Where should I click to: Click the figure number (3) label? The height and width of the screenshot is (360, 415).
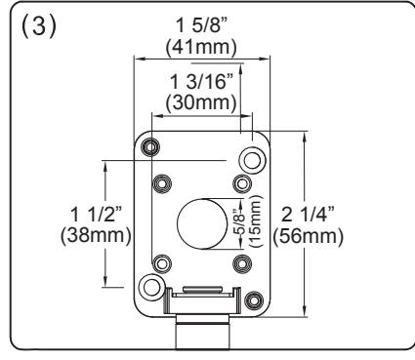point(39,26)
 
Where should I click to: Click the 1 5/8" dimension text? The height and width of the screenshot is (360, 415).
point(201,25)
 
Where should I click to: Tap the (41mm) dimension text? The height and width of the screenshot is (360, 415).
point(201,48)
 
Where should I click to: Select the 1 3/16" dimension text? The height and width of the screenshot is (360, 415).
point(202,81)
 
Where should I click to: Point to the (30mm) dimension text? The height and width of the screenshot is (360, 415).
point(201,102)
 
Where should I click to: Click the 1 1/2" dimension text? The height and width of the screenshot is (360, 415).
point(96,215)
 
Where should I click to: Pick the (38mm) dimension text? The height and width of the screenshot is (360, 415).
point(96,235)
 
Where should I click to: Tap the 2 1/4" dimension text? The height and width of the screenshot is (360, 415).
point(308,215)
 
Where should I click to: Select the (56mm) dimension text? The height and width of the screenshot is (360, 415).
point(308,236)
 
